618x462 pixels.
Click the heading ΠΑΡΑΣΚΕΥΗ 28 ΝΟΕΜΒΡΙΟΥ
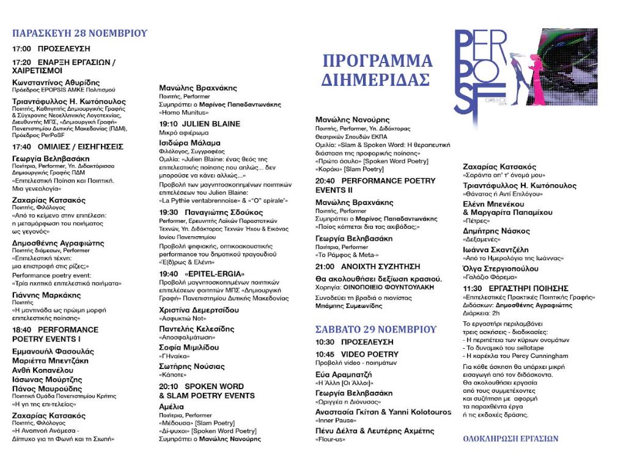point(80,33)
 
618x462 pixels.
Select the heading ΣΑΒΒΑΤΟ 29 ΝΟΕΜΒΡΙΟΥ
point(376,329)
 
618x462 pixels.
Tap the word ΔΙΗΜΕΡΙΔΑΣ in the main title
point(376,80)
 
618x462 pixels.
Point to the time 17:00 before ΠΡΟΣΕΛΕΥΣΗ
point(22,48)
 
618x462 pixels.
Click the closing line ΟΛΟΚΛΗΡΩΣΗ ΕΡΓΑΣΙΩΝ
point(510,439)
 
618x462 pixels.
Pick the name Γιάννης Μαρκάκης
point(46,295)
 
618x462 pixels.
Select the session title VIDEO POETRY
point(370,354)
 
